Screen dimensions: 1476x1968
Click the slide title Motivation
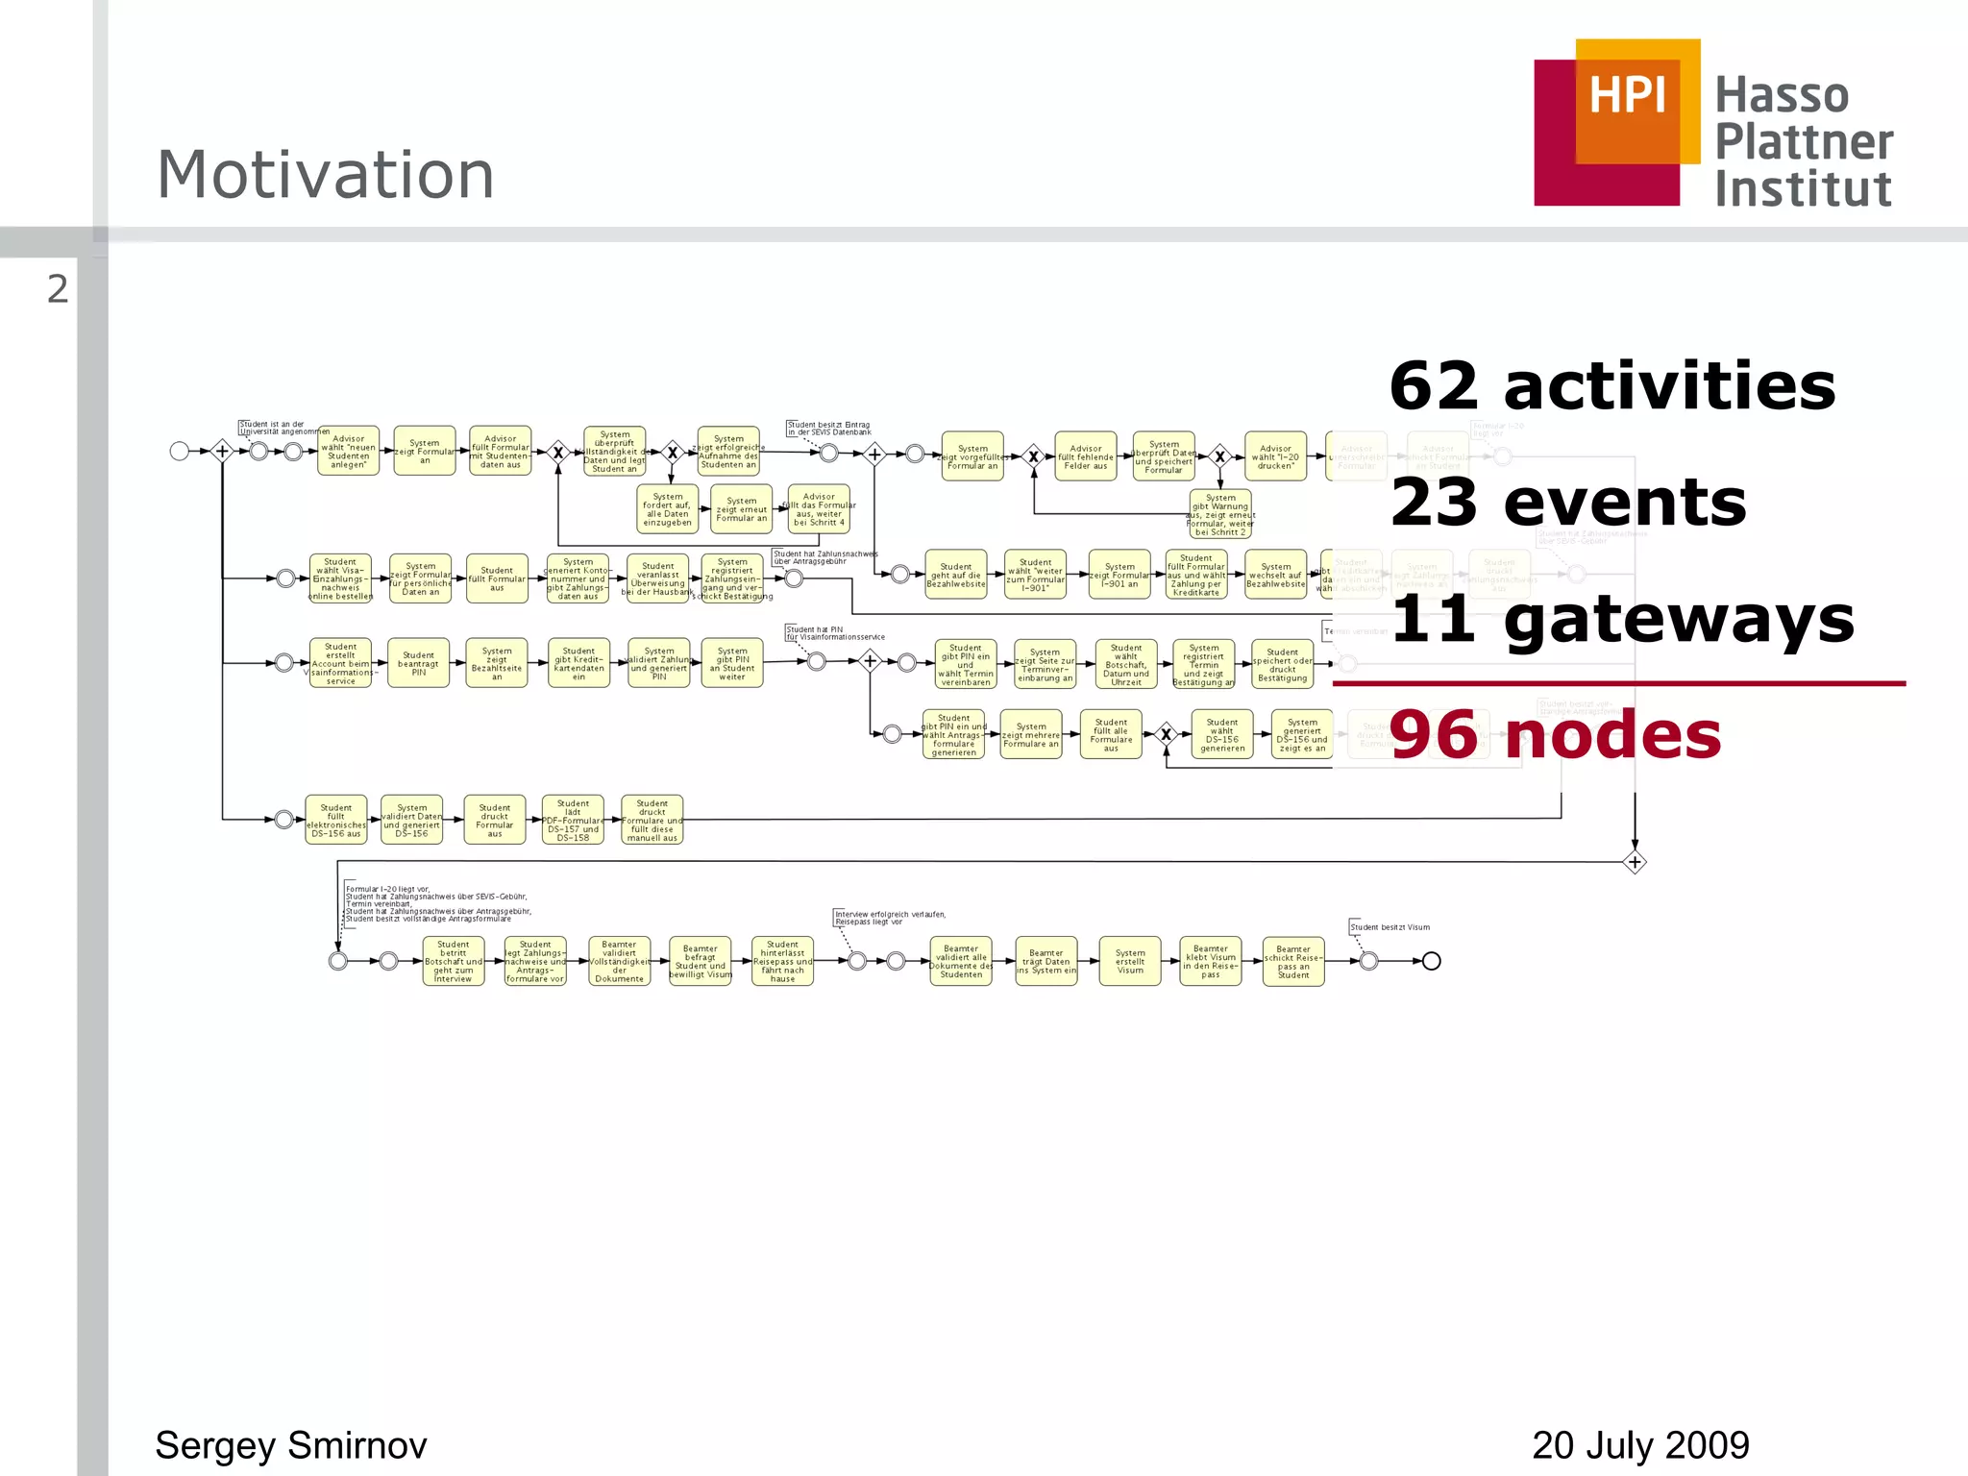coord(325,175)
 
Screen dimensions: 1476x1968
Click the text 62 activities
coord(1611,385)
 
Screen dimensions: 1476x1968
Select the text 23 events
coord(1567,502)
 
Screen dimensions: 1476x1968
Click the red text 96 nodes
coord(1554,735)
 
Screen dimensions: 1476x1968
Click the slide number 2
coord(58,289)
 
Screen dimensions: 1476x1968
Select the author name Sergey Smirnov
coord(290,1445)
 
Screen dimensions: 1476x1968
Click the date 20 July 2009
coord(1640,1445)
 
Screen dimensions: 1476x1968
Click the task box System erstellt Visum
coord(1130,961)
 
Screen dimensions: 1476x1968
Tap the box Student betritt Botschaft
coord(454,961)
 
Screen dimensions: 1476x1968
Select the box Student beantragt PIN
coord(418,663)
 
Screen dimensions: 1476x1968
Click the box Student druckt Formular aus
coord(495,820)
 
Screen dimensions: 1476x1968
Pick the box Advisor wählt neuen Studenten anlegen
coord(348,452)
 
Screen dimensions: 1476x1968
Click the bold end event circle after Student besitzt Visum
coord(1431,961)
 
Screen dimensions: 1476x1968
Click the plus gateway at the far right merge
coord(1635,862)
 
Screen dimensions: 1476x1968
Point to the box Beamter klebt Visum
coord(1211,961)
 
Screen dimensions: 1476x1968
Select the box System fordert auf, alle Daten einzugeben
coord(667,509)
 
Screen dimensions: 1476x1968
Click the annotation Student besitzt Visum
coord(1390,927)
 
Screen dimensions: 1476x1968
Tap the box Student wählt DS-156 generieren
coord(1222,735)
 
